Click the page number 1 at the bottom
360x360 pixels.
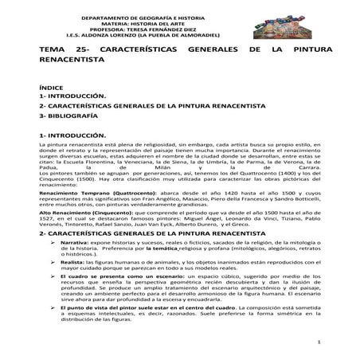[x=317, y=344]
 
